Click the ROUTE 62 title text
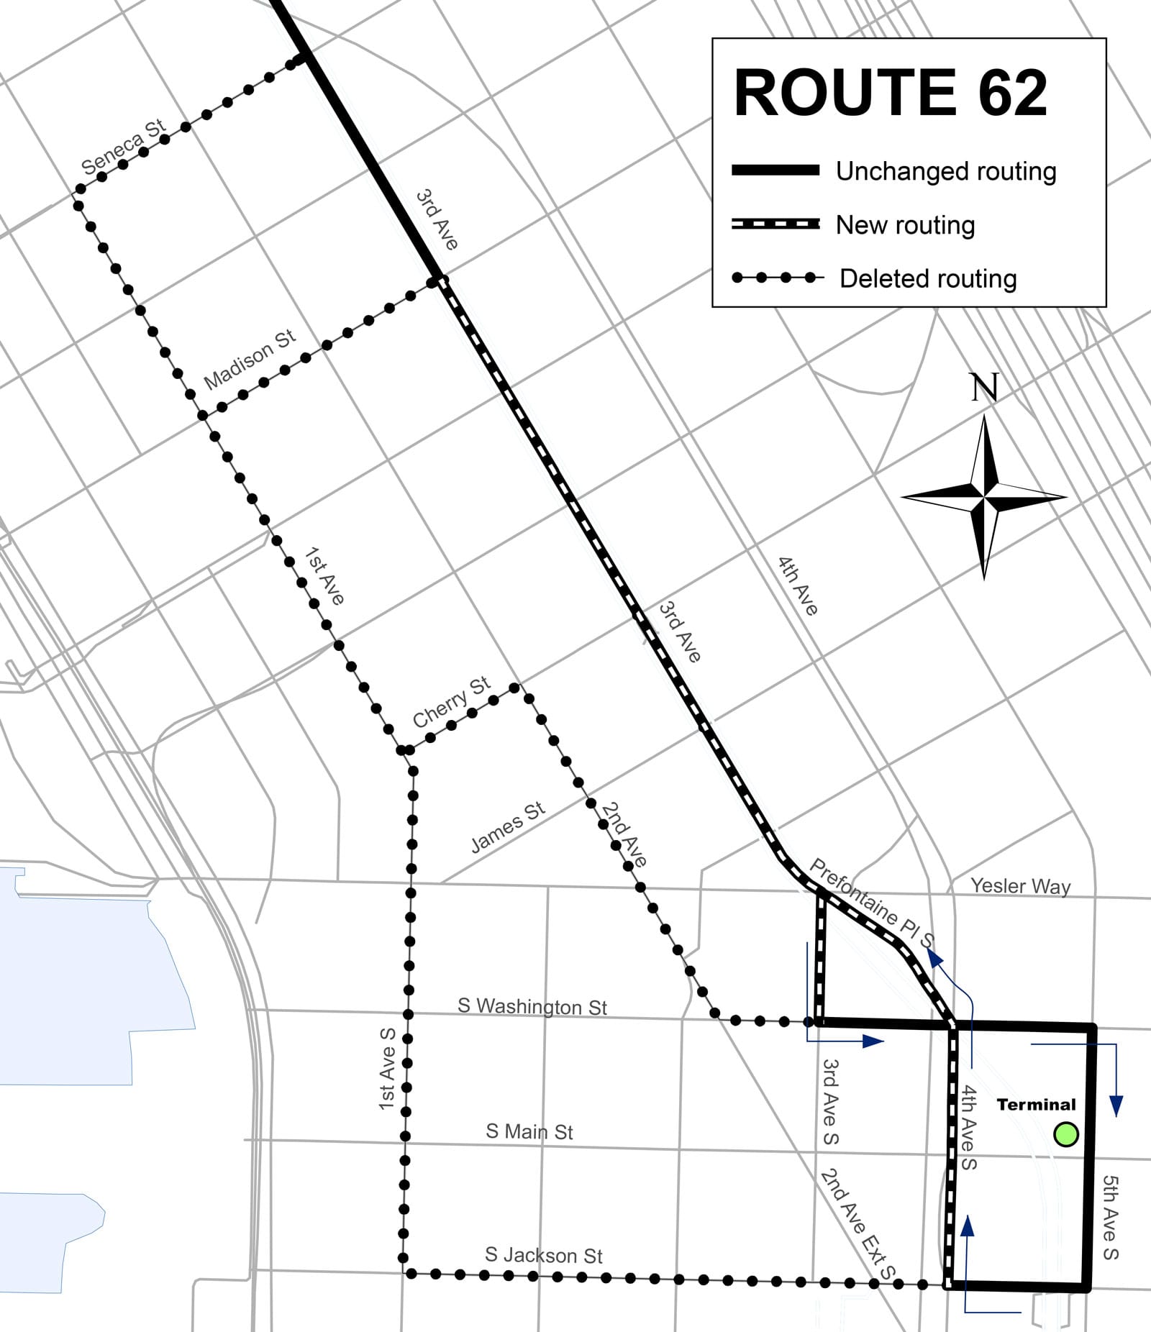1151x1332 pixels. pyautogui.click(x=890, y=93)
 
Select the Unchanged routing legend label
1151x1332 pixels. pyautogui.click(x=945, y=171)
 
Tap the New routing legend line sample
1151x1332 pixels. pyautogui.click(x=775, y=224)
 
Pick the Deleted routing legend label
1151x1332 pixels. pyautogui.click(x=927, y=278)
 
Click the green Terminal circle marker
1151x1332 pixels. pyautogui.click(x=1065, y=1135)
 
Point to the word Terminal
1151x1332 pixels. pyautogui.click(x=1036, y=1105)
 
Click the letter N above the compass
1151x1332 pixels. pyautogui.click(x=984, y=388)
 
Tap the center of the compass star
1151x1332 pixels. pyautogui.click(x=984, y=496)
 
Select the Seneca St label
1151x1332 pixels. pyautogui.click(x=123, y=148)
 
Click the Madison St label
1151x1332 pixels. pyautogui.click(x=250, y=360)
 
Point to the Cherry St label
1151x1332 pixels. pyautogui.click(x=451, y=702)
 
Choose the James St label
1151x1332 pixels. pyautogui.click(x=508, y=827)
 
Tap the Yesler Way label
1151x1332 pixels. pyautogui.click(x=1020, y=886)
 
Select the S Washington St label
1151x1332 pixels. pyautogui.click(x=532, y=1006)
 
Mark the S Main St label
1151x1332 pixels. pyautogui.click(x=529, y=1131)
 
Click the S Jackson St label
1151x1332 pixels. pyautogui.click(x=543, y=1255)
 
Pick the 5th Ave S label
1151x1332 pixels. pyautogui.click(x=1110, y=1217)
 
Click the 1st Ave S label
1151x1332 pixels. pyautogui.click(x=388, y=1068)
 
